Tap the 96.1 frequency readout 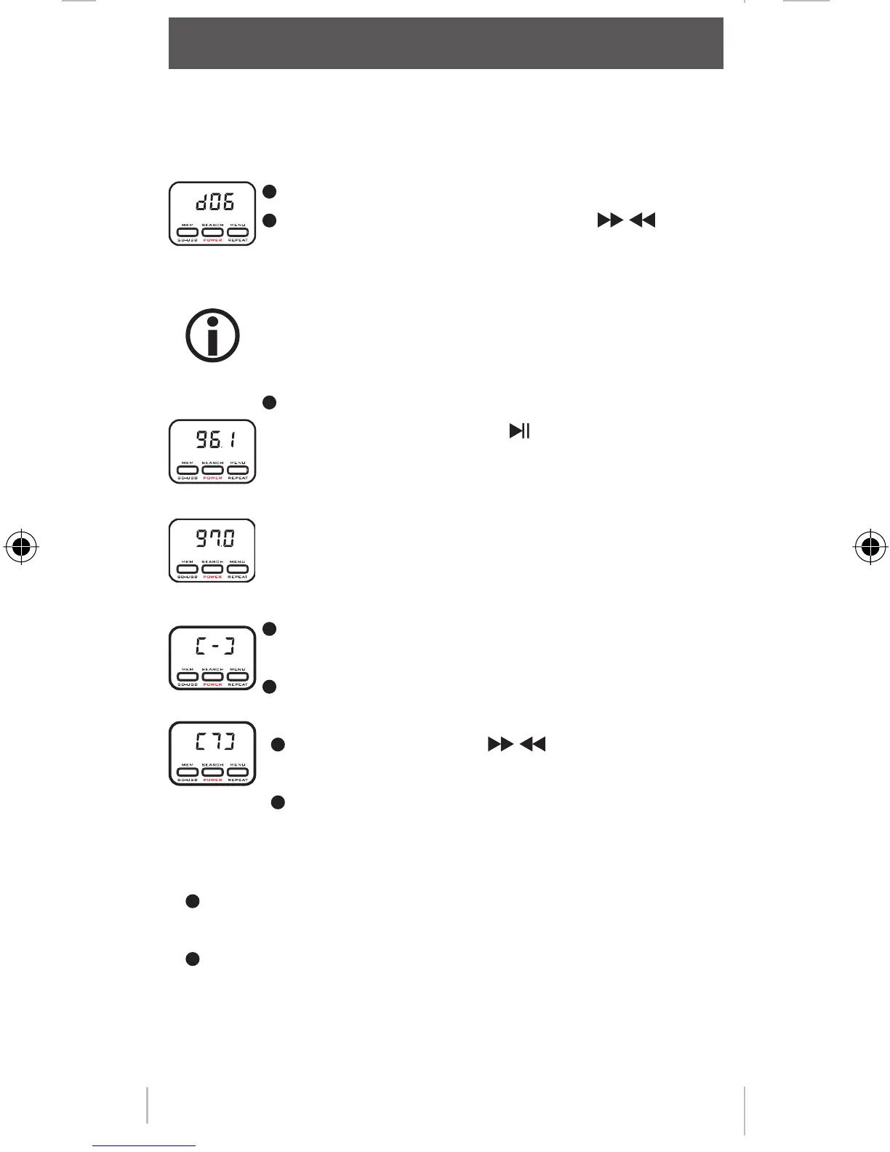coord(215,439)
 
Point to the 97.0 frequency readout coord(215,539)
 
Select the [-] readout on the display coord(215,645)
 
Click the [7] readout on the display coord(215,742)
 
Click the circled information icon coord(212,335)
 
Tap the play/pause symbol coord(519,431)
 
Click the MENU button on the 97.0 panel coord(238,569)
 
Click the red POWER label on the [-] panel coord(212,684)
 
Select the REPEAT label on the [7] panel coord(238,780)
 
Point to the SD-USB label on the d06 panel coord(188,240)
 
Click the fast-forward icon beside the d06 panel coord(609,220)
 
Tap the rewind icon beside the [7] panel coord(534,744)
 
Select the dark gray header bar coord(446,44)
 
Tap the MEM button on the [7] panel coord(188,772)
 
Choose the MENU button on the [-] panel coord(238,676)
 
